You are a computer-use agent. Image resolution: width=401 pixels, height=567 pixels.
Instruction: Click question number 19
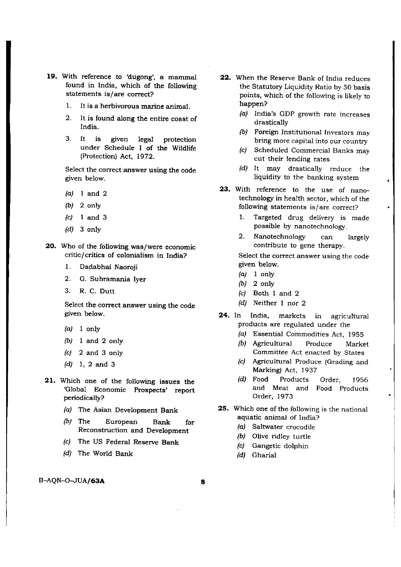[x=52, y=77]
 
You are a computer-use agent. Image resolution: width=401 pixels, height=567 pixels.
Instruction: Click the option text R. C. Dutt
[x=97, y=291]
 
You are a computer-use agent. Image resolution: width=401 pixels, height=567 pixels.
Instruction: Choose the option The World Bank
[x=105, y=453]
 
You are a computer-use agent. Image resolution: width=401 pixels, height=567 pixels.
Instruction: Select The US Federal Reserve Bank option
[x=128, y=442]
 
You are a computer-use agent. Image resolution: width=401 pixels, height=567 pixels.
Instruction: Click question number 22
[x=225, y=78]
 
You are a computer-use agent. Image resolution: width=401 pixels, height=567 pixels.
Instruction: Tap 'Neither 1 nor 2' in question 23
[x=279, y=303]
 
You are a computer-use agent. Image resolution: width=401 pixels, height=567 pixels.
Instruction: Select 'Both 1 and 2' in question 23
[x=276, y=293]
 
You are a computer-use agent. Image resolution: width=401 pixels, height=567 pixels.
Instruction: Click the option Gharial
[x=264, y=455]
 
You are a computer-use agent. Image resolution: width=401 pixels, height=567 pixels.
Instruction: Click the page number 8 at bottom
[x=203, y=482]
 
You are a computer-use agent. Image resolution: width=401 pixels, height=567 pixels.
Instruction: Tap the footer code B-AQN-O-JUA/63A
[x=71, y=480]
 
